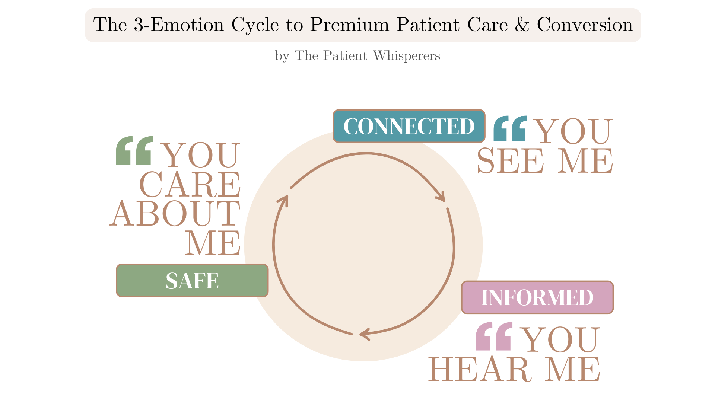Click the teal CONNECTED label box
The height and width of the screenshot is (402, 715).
tap(409, 126)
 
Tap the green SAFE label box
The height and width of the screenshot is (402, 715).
tap(192, 281)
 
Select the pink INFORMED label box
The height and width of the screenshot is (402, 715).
tap(537, 297)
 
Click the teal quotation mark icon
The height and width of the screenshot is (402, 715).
tap(510, 129)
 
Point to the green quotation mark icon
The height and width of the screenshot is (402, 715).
tap(134, 150)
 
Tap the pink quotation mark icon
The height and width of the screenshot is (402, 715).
tap(494, 336)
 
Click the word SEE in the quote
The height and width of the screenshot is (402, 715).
tap(510, 161)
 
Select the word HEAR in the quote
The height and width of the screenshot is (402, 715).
tap(480, 369)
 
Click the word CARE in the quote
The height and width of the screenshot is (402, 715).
tap(190, 185)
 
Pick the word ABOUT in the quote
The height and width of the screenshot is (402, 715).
tap(175, 214)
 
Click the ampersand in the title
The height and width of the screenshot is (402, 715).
tap(522, 25)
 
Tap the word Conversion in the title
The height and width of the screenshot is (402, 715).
tap(585, 25)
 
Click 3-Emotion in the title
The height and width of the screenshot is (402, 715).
tap(179, 25)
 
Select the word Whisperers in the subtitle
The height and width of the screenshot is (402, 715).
tap(406, 56)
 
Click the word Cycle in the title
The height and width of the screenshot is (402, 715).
tap(255, 25)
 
